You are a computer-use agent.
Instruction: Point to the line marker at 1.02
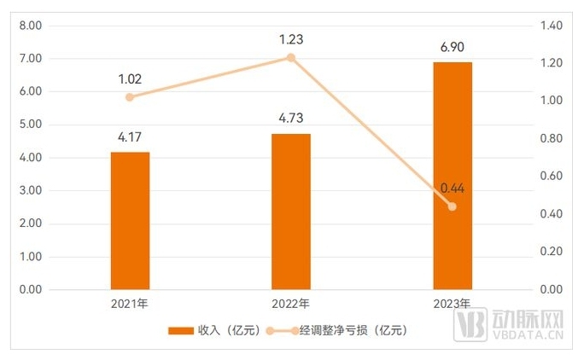pos(130,97)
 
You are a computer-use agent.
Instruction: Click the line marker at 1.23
pos(291,58)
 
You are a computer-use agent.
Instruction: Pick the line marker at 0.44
pos(452,206)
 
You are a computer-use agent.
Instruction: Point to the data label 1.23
pos(291,39)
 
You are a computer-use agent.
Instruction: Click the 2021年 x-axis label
pos(130,304)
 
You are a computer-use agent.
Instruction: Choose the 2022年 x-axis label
pos(291,304)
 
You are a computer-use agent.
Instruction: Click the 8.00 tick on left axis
pos(30,26)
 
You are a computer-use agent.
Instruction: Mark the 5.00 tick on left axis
pos(30,125)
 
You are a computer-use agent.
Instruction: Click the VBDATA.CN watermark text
pos(527,338)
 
